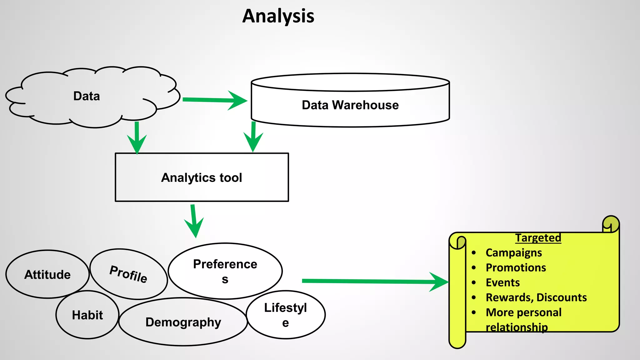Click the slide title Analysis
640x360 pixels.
(x=278, y=16)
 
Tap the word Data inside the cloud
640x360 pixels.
(x=87, y=96)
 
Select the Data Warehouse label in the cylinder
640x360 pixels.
(x=350, y=105)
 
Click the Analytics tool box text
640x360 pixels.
(x=202, y=178)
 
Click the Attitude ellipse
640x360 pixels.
(x=47, y=275)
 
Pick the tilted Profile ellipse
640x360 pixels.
(x=128, y=274)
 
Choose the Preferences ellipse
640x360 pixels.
(x=225, y=271)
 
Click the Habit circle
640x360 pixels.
(x=87, y=315)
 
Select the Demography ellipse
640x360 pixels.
(x=183, y=322)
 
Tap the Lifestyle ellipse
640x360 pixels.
(x=286, y=315)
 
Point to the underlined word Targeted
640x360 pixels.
(x=538, y=238)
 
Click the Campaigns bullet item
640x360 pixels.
(x=514, y=253)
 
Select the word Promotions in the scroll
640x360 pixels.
(x=516, y=268)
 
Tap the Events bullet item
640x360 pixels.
(x=502, y=283)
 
